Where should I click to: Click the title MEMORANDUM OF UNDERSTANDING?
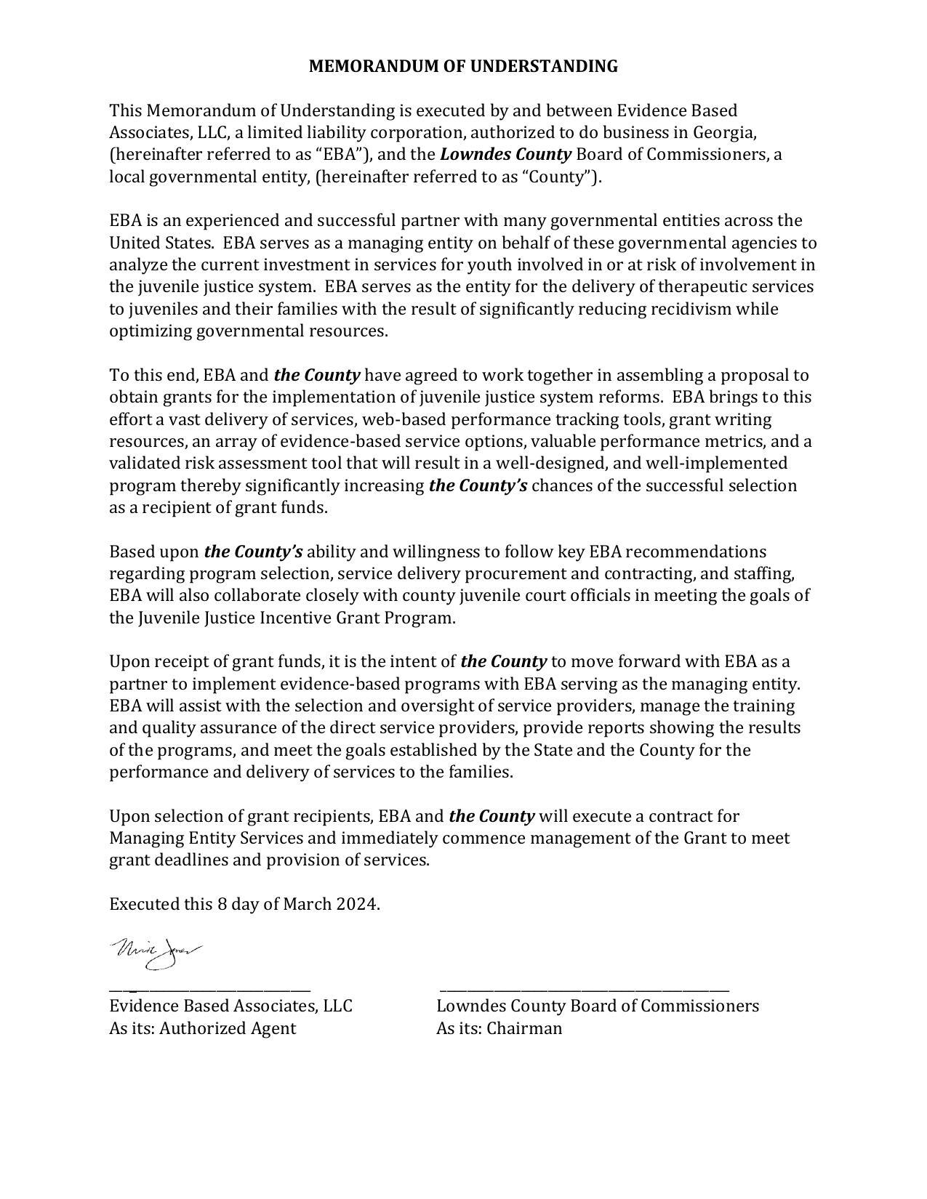pyautogui.click(x=463, y=66)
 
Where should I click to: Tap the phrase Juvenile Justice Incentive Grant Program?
pyautogui.click(x=296, y=618)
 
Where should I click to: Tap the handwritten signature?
pyautogui.click(x=156, y=953)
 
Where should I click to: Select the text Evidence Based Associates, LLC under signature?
pyautogui.click(x=230, y=1006)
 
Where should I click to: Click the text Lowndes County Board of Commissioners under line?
pyautogui.click(x=597, y=1006)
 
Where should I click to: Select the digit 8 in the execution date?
pyautogui.click(x=222, y=904)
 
